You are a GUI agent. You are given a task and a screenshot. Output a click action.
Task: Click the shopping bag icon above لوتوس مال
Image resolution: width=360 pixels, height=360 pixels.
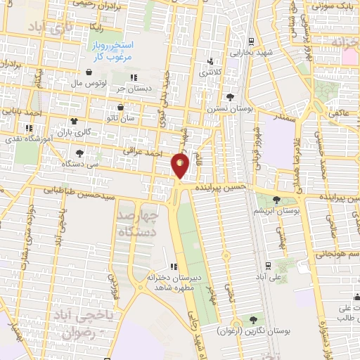pyautogui.click(x=89, y=72)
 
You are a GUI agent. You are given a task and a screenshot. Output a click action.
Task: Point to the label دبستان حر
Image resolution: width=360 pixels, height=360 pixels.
pyautogui.click(x=133, y=89)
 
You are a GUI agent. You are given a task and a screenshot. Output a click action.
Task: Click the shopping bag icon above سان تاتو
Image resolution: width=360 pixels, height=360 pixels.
pyautogui.click(x=121, y=108)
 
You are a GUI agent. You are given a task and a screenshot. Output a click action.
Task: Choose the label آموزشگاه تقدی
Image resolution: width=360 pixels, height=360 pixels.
pyautogui.click(x=28, y=139)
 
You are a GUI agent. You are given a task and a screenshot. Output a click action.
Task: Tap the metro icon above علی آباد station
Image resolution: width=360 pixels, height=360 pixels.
pyautogui.click(x=269, y=266)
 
